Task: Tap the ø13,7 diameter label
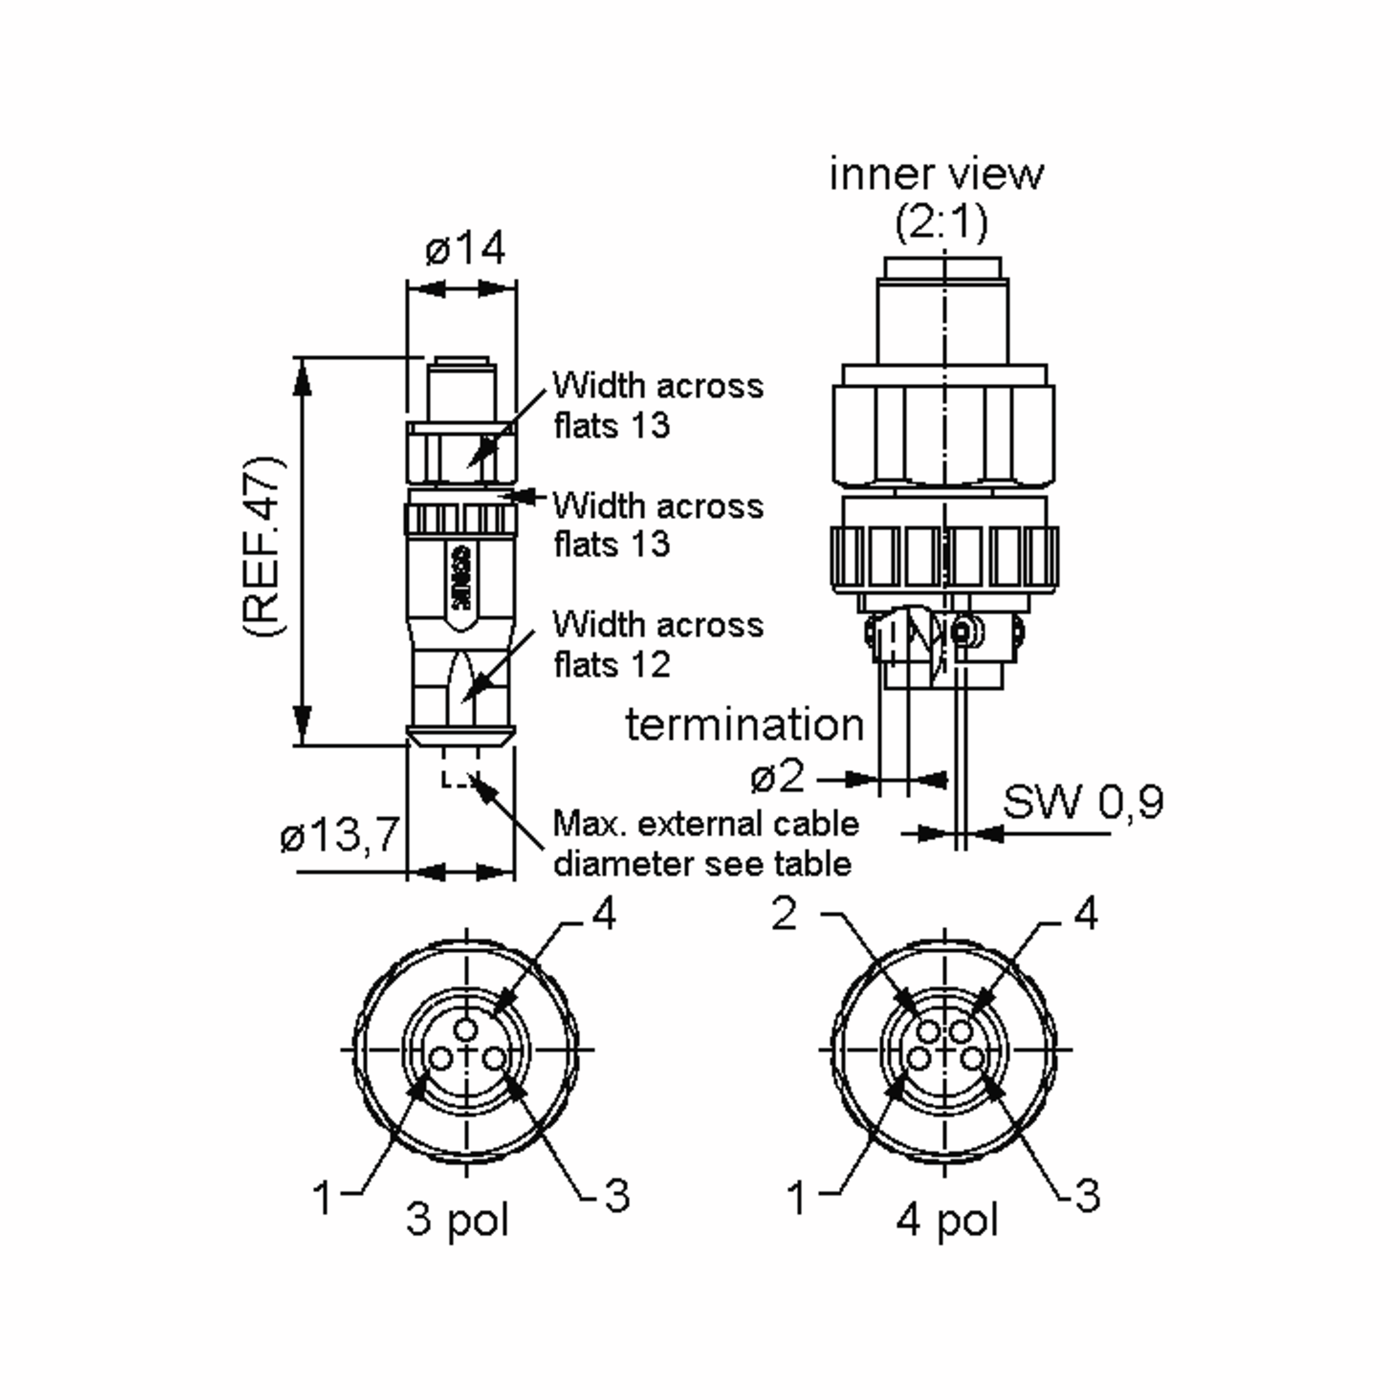coord(340,834)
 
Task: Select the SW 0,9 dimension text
coord(1083,801)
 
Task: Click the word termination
coord(745,724)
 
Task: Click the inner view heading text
coord(936,174)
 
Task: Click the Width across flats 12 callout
coord(658,644)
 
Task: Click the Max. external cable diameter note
coord(705,843)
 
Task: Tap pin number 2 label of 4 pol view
coord(785,915)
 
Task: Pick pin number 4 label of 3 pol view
coord(604,915)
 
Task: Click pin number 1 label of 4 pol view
coord(797,1197)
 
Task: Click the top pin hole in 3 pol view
coord(466,1030)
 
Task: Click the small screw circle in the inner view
coord(961,632)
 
